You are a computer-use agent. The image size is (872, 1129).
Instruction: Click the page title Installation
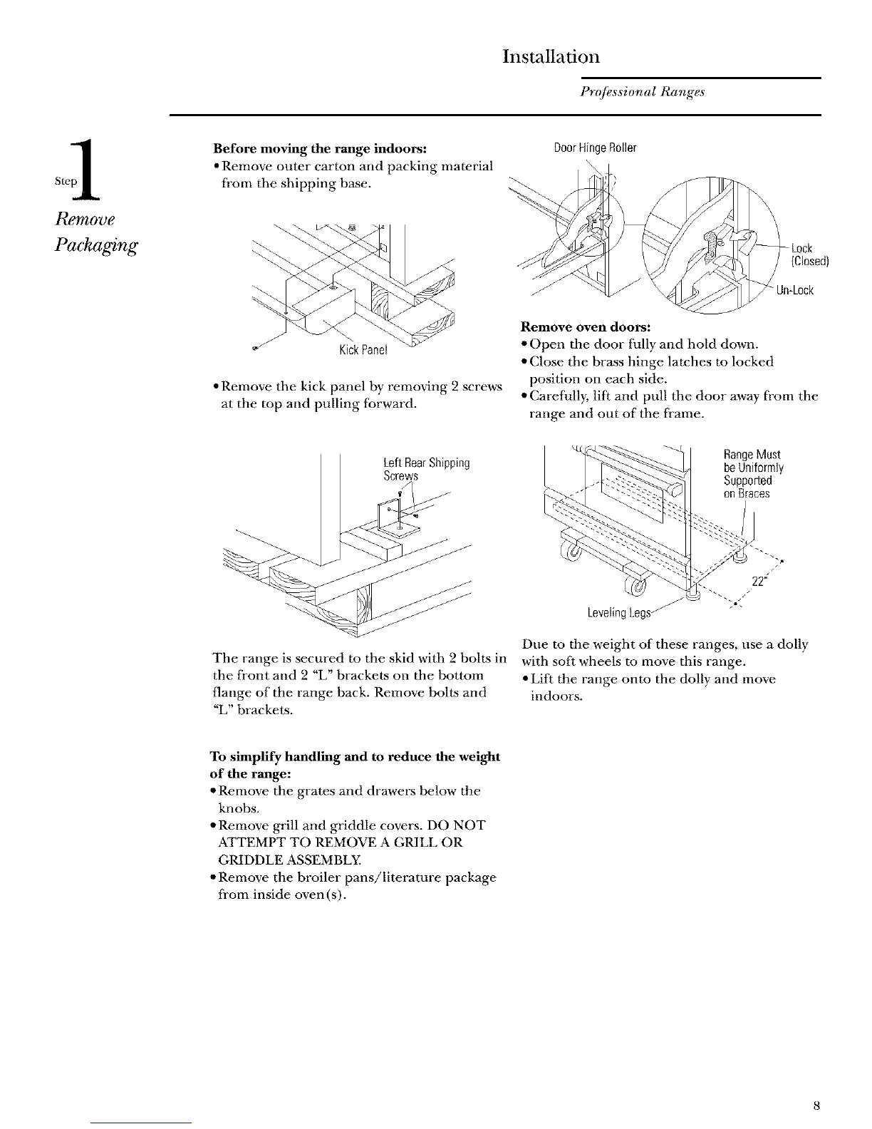click(550, 56)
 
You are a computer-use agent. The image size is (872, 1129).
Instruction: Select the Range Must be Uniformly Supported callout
click(752, 474)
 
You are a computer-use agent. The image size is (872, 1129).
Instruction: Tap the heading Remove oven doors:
click(586, 327)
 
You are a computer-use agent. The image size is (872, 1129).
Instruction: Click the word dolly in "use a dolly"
click(792, 645)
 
